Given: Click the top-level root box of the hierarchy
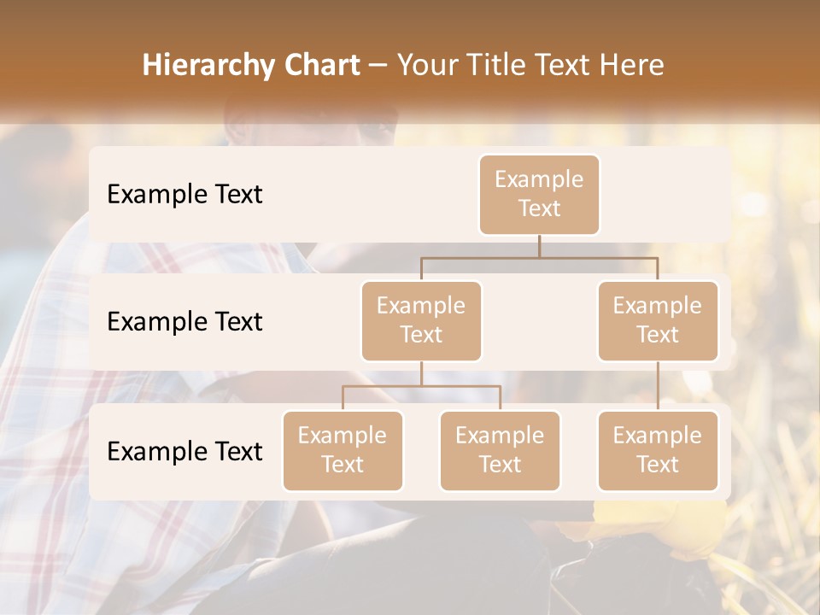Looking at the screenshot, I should click(x=539, y=195).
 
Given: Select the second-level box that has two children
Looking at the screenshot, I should click(x=421, y=320).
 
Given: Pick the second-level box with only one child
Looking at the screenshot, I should click(x=658, y=320).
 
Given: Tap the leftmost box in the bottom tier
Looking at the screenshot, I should click(x=343, y=450).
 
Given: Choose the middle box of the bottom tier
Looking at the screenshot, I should click(x=500, y=450).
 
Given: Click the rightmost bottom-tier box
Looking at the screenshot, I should click(x=658, y=450).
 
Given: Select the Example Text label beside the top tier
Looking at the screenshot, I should click(x=184, y=195).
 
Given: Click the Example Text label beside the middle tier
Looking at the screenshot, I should click(x=184, y=322).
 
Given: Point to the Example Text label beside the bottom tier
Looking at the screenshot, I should click(x=184, y=451).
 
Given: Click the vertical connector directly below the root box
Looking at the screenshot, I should click(x=539, y=246).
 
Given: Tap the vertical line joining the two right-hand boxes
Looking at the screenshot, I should click(x=658, y=385).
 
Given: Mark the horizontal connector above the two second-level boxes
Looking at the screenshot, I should click(x=539, y=256).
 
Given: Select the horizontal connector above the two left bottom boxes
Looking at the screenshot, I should click(x=421, y=386).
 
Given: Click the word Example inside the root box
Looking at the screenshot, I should click(x=539, y=179).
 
